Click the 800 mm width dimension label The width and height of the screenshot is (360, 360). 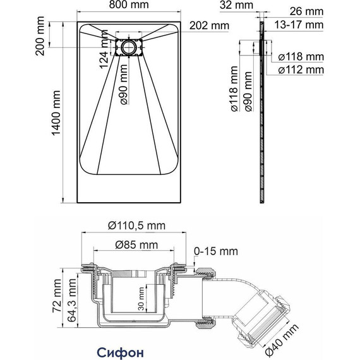(129, 4)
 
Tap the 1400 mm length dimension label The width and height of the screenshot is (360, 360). (56, 113)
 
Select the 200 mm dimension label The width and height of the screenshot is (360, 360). (40, 36)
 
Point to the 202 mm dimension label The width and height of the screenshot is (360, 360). (209, 25)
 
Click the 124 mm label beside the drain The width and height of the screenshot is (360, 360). (104, 49)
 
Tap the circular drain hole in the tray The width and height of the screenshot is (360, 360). (129, 47)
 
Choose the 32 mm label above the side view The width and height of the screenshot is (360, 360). (236, 5)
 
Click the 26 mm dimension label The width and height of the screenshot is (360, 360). (306, 11)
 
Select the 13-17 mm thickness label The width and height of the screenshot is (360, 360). (299, 25)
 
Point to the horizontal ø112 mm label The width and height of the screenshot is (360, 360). (301, 70)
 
